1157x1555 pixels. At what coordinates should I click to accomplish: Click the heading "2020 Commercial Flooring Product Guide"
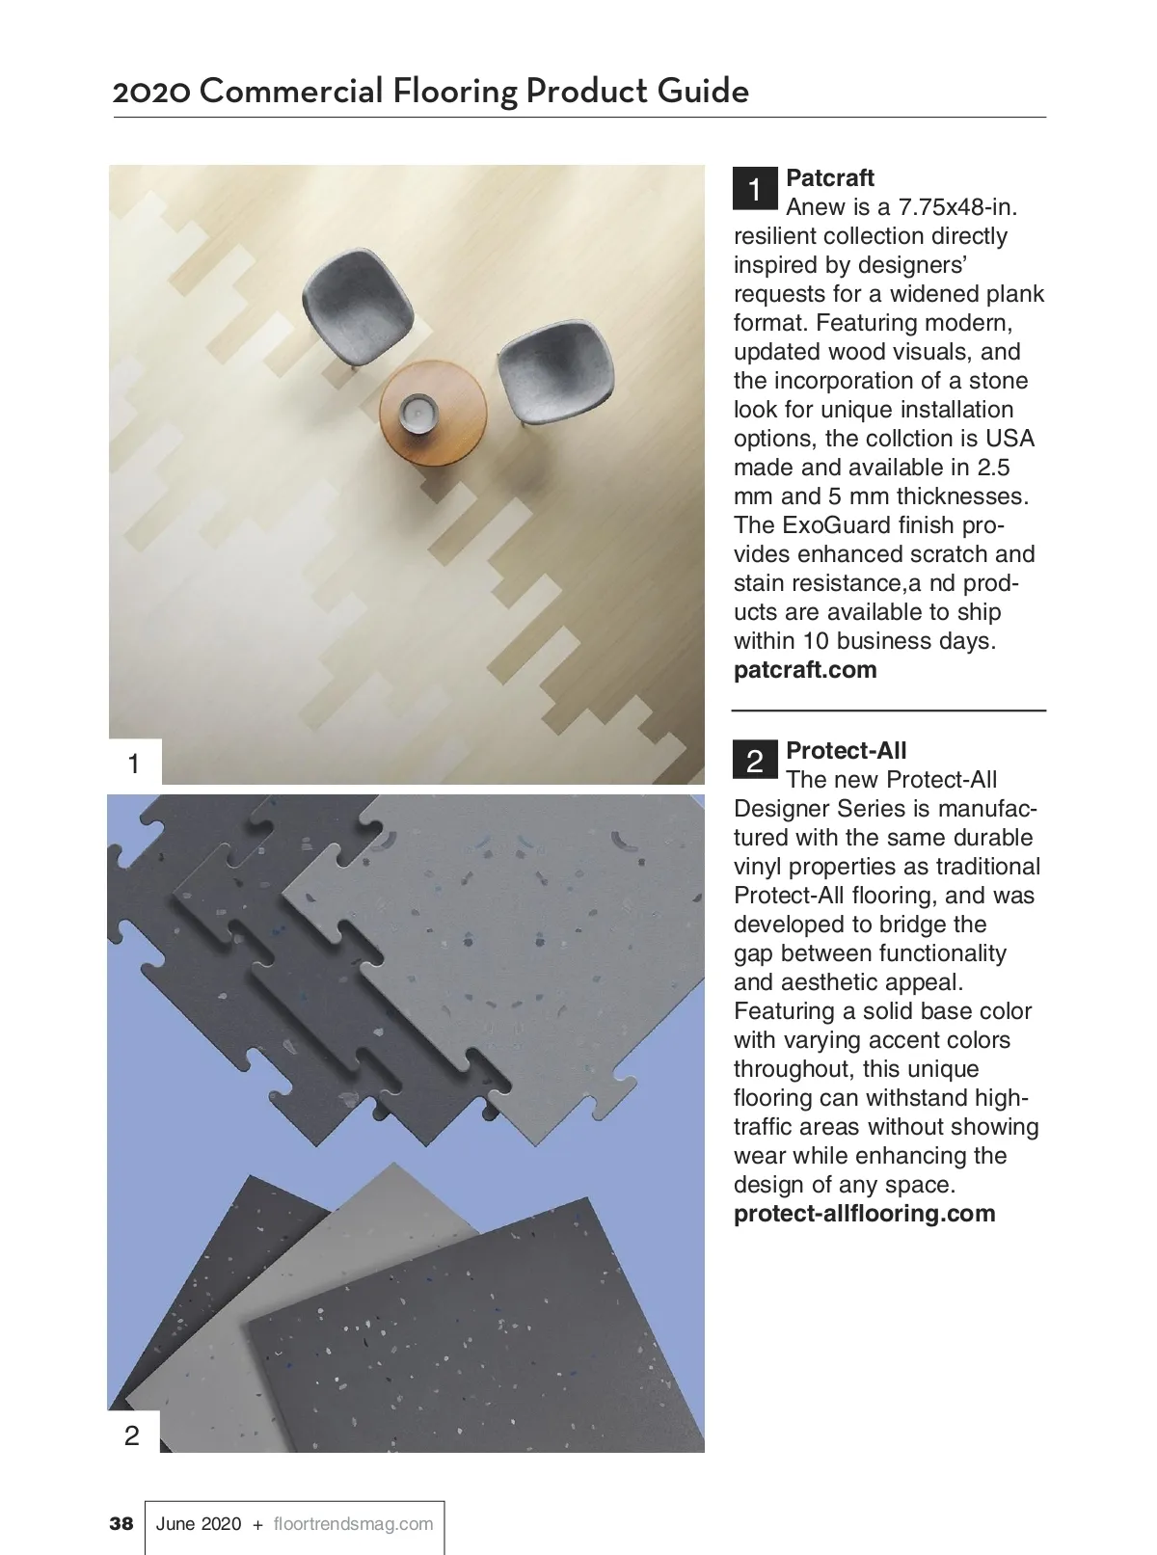click(x=430, y=92)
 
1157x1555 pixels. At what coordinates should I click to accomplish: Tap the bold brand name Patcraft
click(x=830, y=178)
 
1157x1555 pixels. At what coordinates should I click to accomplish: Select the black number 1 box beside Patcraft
click(x=755, y=189)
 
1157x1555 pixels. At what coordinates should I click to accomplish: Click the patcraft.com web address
click(x=805, y=670)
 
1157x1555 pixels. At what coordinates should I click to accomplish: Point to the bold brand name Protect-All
click(x=846, y=751)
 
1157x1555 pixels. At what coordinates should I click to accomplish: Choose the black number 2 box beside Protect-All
click(x=755, y=761)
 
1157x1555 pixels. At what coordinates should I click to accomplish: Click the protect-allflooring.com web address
click(x=864, y=1214)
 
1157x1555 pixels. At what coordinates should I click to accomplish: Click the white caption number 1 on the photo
click(x=134, y=764)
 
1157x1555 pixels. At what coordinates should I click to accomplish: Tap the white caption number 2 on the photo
click(x=133, y=1435)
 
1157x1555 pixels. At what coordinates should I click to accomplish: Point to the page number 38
click(x=121, y=1524)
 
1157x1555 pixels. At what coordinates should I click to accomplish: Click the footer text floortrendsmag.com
click(x=353, y=1524)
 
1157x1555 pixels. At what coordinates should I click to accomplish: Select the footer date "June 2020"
click(x=199, y=1524)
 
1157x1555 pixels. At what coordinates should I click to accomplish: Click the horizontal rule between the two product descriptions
click(x=888, y=710)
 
